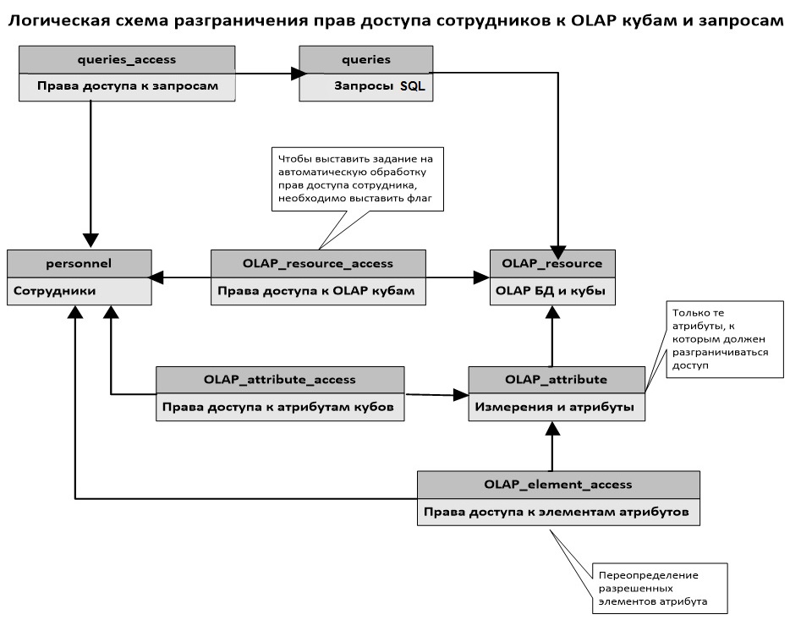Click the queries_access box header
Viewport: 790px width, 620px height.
127,59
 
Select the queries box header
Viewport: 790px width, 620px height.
366,59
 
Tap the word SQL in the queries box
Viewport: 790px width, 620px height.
413,86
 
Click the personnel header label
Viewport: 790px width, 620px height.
79,263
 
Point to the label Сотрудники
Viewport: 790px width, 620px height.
54,291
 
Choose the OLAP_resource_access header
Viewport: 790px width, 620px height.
318,263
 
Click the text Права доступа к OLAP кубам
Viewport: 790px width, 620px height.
315,291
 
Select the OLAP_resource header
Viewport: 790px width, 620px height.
552,263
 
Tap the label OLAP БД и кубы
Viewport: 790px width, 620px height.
551,291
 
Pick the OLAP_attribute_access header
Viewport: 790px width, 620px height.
280,380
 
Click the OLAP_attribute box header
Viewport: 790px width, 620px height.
557,380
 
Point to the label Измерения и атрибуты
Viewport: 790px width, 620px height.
554,407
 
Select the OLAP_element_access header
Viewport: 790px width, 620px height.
558,485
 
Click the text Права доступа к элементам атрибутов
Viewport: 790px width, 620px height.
557,512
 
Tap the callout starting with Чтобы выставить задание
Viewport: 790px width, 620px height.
357,178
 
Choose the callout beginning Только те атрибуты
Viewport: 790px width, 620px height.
725,339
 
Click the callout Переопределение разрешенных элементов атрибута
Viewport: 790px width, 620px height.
660,588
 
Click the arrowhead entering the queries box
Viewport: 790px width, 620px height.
299,74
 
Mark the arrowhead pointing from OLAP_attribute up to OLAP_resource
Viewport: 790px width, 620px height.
552,312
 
